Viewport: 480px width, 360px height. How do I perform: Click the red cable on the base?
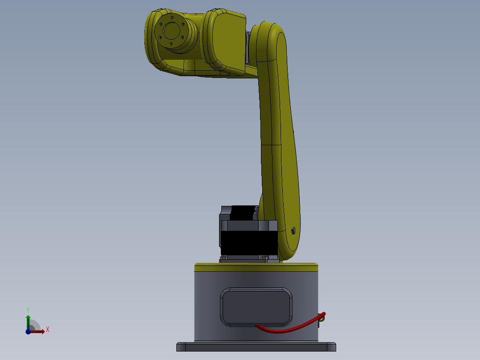[285, 330]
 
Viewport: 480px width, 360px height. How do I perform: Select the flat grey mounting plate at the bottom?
[256, 347]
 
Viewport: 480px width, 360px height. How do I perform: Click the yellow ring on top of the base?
[256, 267]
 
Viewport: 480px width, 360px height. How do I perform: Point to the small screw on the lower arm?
[293, 230]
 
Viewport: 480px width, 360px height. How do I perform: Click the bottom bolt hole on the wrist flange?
[171, 44]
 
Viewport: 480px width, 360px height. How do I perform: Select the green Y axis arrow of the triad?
[28, 320]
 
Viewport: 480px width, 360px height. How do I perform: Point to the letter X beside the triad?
[48, 330]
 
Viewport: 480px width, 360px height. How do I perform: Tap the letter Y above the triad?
[28, 309]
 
